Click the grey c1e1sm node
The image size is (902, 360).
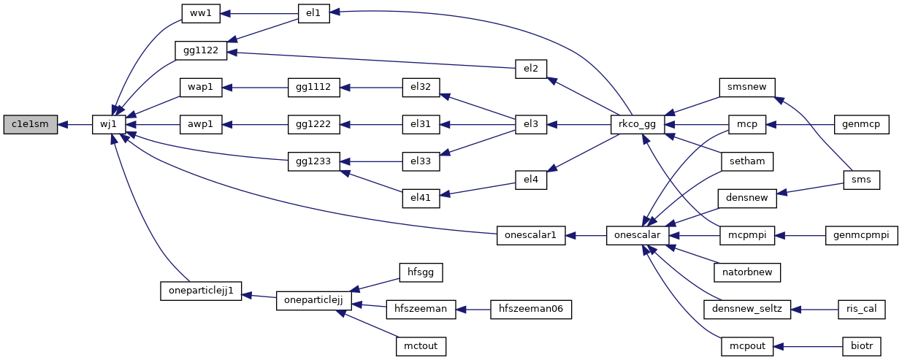[x=30, y=124]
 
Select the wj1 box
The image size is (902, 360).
[x=109, y=124]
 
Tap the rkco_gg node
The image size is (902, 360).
[x=637, y=124]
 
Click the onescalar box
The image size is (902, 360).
[x=638, y=235]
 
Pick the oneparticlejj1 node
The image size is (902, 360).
[x=201, y=291]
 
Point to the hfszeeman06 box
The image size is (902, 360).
[x=531, y=310]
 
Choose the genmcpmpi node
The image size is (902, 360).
[x=861, y=235]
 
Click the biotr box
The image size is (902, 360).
[x=862, y=346]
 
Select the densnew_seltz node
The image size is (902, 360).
[x=747, y=310]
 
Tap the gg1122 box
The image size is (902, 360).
[x=201, y=50]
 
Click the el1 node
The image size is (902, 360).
[x=313, y=14]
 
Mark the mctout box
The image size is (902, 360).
[x=421, y=346]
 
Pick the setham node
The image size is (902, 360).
[x=747, y=161]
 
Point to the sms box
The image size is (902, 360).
[x=861, y=180]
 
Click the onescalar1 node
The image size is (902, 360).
[x=531, y=235]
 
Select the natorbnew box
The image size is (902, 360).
[x=747, y=272]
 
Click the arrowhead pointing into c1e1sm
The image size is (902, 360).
[x=62, y=125]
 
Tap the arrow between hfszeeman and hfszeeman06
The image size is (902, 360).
[x=473, y=310]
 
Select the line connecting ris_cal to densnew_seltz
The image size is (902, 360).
[x=814, y=310]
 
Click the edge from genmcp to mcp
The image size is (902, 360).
[x=800, y=125]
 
